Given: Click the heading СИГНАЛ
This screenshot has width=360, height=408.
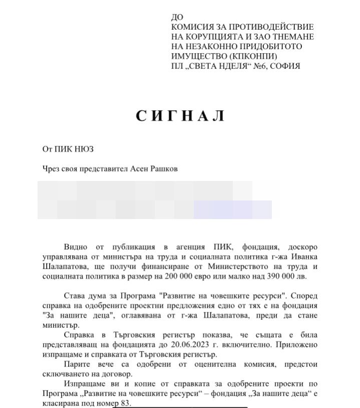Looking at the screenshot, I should pos(180,116).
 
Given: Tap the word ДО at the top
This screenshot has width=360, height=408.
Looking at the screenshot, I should pos(177,17).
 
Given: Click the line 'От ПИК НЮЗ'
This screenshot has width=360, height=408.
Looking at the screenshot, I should pos(68,149).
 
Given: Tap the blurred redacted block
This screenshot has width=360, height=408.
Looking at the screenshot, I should pos(154,199).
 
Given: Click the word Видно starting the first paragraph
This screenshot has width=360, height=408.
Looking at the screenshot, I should pos(75,248).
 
